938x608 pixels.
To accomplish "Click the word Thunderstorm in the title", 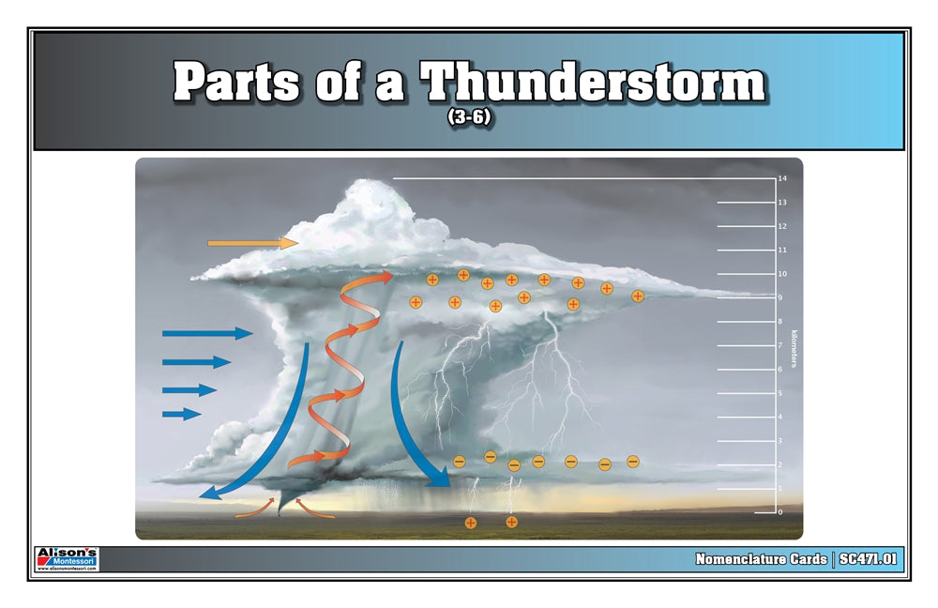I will pyautogui.click(x=593, y=84).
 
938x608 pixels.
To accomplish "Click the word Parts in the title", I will pyautogui.click(x=236, y=84).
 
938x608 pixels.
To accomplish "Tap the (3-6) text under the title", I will pyautogui.click(x=469, y=120).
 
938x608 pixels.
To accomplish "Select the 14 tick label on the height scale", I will pyautogui.click(x=781, y=178).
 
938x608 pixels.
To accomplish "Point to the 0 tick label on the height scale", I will pyautogui.click(x=779, y=512).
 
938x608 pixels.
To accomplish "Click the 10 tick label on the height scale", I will pyautogui.click(x=781, y=274).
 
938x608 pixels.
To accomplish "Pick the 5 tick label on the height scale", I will pyautogui.click(x=779, y=393).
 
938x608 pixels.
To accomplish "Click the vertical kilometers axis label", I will pyautogui.click(x=794, y=347).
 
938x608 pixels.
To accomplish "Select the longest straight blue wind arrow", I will pyautogui.click(x=207, y=333).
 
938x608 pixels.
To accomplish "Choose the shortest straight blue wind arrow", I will pyautogui.click(x=181, y=413).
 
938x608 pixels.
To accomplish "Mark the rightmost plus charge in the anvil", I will pyautogui.click(x=638, y=296).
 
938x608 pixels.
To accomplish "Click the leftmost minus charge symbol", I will pyautogui.click(x=459, y=461).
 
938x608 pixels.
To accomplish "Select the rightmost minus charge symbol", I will pyautogui.click(x=632, y=461).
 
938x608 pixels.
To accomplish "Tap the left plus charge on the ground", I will pyautogui.click(x=471, y=522).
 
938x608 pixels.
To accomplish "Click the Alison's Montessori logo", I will pyautogui.click(x=67, y=558).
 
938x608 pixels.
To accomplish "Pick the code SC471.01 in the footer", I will pyautogui.click(x=869, y=559).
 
